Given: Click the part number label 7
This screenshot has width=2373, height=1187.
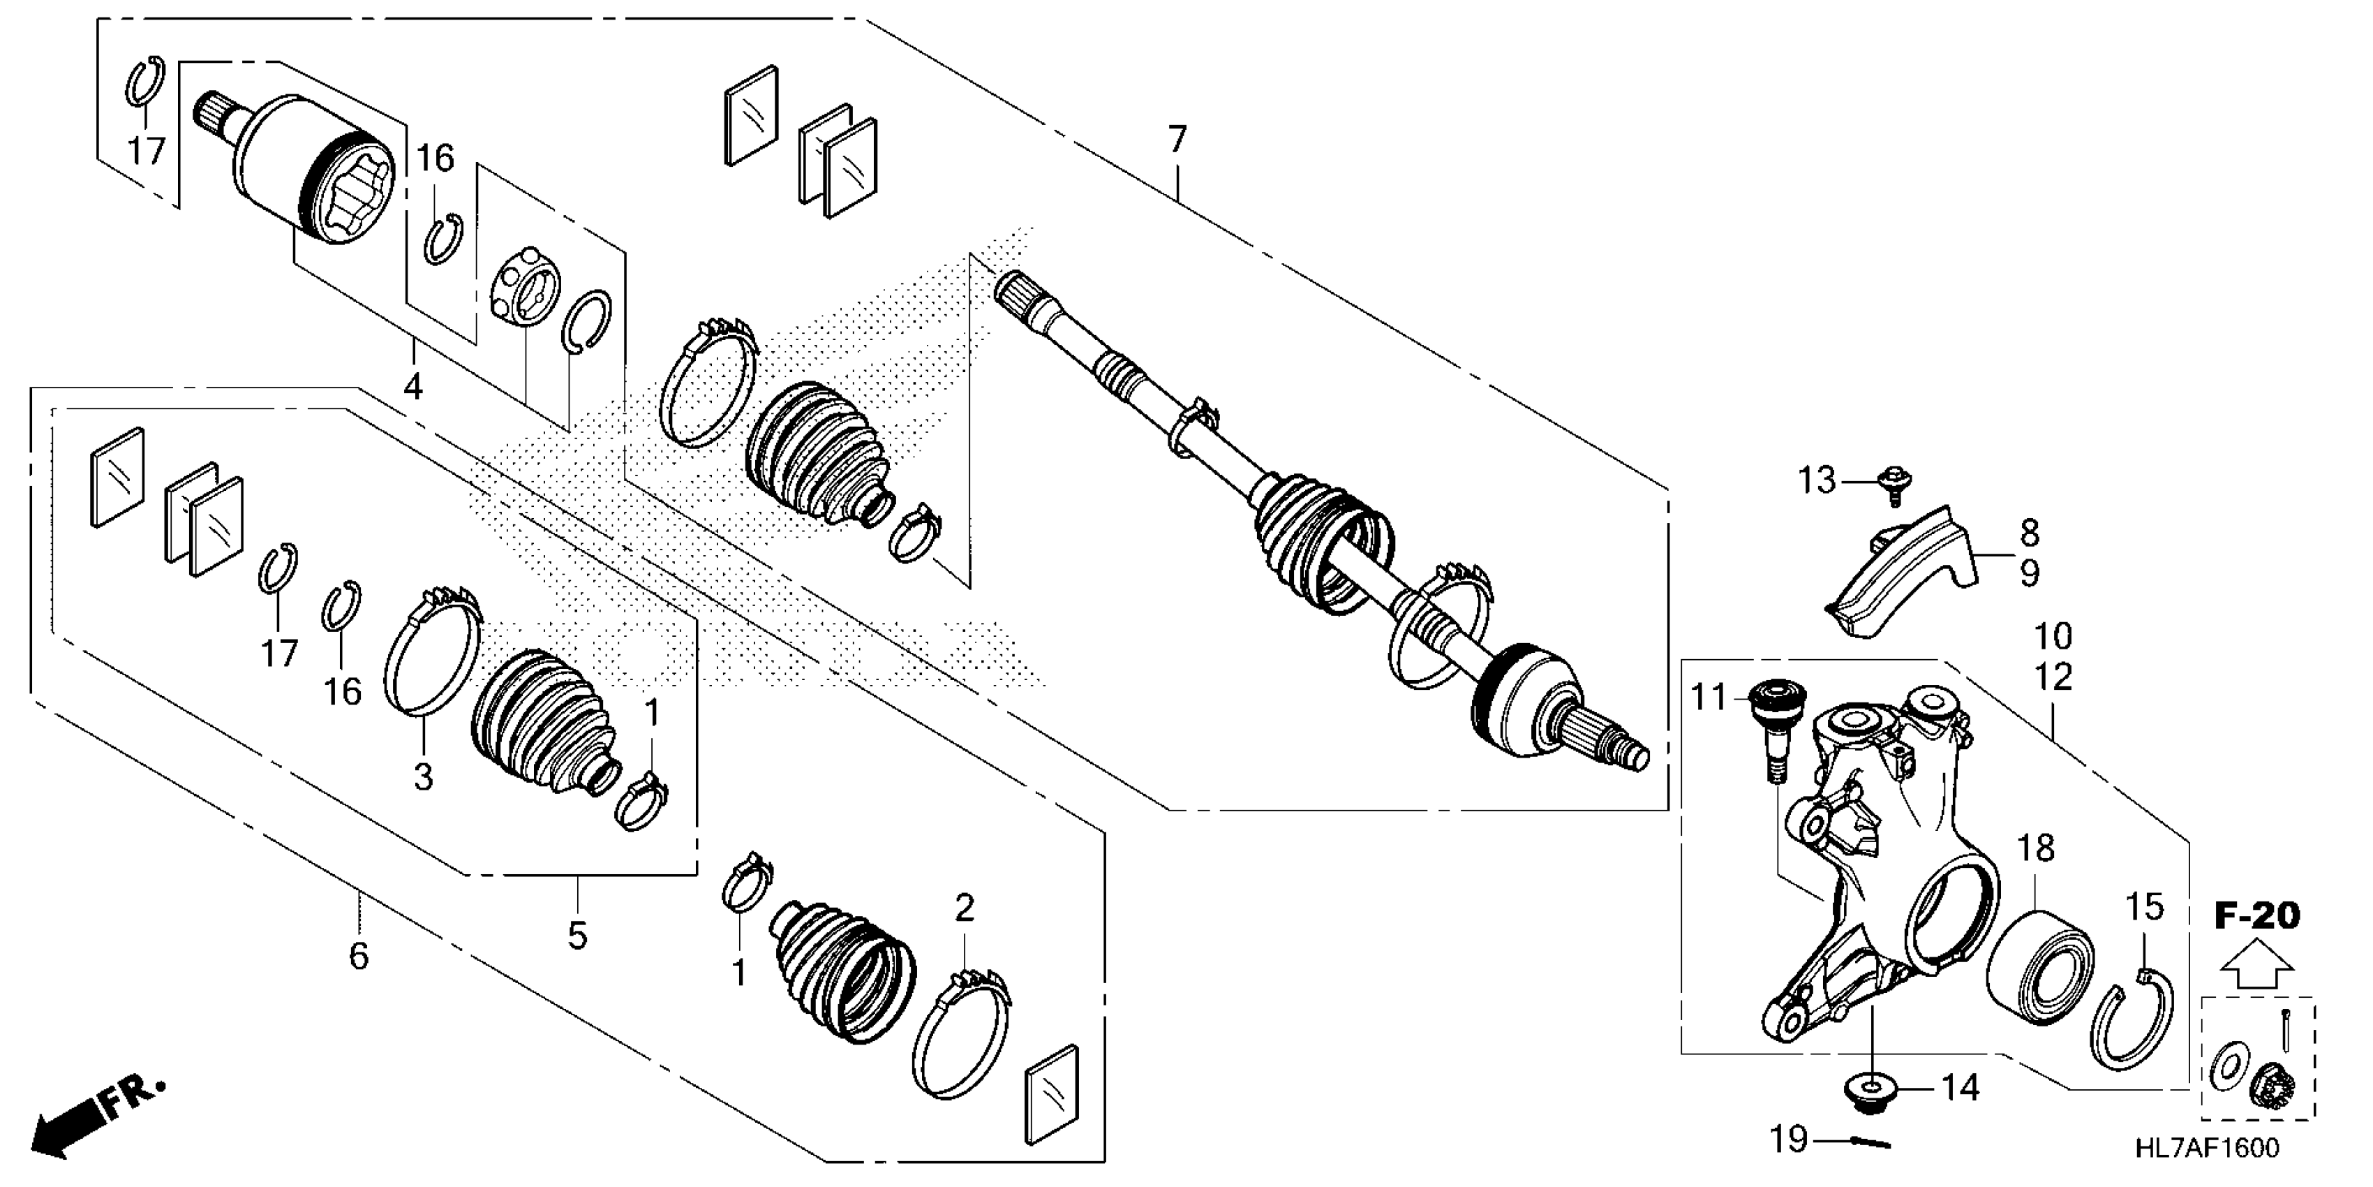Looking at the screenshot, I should [1177, 140].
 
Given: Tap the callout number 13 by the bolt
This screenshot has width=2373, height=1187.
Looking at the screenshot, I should [1817, 480].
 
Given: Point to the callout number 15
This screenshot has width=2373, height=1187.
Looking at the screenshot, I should [2143, 908].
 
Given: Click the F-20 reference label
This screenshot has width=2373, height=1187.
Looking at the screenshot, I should [2256, 916].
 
